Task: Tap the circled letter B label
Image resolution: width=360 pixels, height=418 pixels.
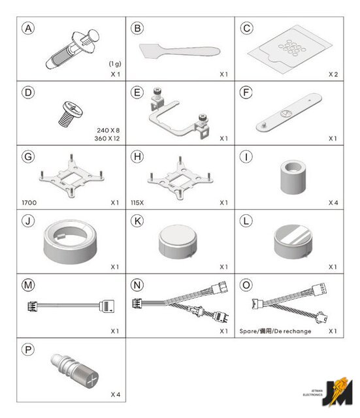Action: (137, 28)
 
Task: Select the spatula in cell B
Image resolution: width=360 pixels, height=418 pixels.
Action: (180, 51)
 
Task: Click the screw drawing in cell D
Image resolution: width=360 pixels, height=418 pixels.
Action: (71, 114)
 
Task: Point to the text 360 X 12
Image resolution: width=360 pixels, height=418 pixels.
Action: (107, 138)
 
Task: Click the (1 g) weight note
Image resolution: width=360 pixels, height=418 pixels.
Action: (115, 64)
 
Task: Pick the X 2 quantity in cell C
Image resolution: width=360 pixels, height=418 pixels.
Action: (333, 74)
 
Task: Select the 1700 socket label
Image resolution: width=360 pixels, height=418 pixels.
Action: (29, 202)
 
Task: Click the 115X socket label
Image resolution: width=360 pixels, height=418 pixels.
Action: (137, 202)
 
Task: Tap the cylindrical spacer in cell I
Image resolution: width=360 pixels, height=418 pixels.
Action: (293, 177)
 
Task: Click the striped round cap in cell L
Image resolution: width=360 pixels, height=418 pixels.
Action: (293, 242)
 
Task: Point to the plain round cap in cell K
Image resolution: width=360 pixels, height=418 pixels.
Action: (178, 242)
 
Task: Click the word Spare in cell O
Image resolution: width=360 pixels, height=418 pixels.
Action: (248, 331)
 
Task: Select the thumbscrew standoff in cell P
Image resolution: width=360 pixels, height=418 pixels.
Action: (74, 370)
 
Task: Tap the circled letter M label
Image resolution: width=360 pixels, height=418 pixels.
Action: (28, 285)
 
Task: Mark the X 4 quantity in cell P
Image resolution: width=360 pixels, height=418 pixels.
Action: (116, 394)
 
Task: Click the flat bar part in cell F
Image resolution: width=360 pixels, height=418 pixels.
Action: (289, 112)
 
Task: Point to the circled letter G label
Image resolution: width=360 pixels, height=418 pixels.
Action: (28, 157)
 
